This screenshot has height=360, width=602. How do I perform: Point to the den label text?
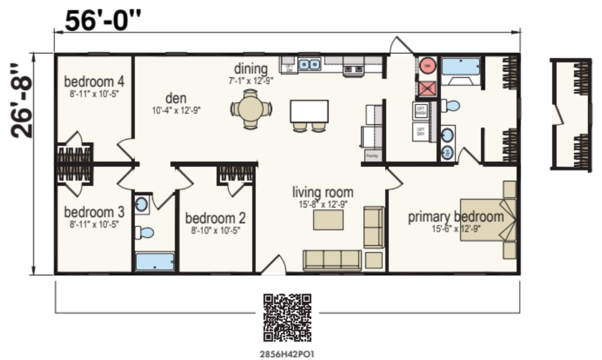(176, 98)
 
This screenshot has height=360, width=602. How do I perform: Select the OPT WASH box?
(421, 111)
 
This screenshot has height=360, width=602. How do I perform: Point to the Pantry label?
(372, 156)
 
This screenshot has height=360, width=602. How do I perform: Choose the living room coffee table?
(328, 220)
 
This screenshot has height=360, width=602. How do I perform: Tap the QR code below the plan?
(287, 317)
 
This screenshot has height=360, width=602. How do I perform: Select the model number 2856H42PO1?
(287, 353)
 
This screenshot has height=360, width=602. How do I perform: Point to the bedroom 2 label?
(215, 217)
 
